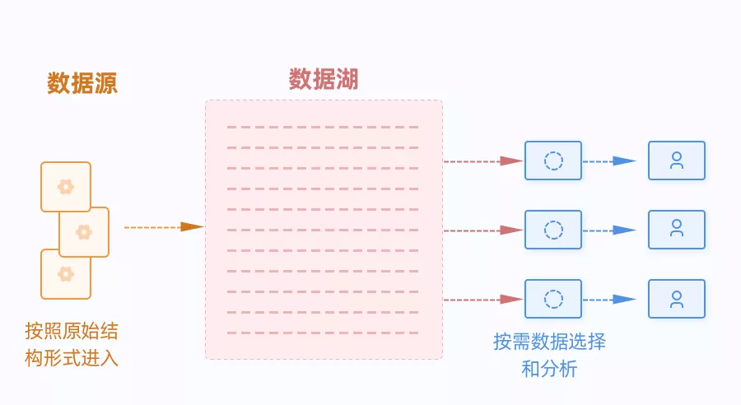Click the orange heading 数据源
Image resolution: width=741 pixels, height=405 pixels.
[82, 83]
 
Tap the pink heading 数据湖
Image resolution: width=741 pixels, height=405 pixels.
[324, 79]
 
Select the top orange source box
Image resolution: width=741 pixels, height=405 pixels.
[66, 187]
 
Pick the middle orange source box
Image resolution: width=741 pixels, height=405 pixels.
[84, 232]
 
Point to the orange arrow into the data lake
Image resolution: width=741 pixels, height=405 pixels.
[164, 227]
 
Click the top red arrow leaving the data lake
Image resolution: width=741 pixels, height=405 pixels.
[483, 161]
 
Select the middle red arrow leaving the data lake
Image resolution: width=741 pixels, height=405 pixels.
[483, 230]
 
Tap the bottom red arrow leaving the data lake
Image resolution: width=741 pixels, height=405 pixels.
[483, 300]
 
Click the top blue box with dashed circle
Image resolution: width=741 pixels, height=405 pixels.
[553, 161]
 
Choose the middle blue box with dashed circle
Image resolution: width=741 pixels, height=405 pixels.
[553, 230]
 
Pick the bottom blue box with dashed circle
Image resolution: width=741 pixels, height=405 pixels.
[553, 299]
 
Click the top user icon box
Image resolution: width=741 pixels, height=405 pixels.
[677, 161]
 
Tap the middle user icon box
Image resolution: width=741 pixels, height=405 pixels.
[677, 230]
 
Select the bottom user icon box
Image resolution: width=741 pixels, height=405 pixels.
[677, 299]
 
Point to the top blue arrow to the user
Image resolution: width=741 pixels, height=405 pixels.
[609, 161]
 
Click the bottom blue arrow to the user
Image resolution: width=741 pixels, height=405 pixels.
[609, 300]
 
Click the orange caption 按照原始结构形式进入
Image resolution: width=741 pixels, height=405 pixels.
[72, 345]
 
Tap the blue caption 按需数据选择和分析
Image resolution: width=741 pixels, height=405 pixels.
[550, 355]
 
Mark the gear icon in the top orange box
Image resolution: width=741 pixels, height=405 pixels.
[66, 187]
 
